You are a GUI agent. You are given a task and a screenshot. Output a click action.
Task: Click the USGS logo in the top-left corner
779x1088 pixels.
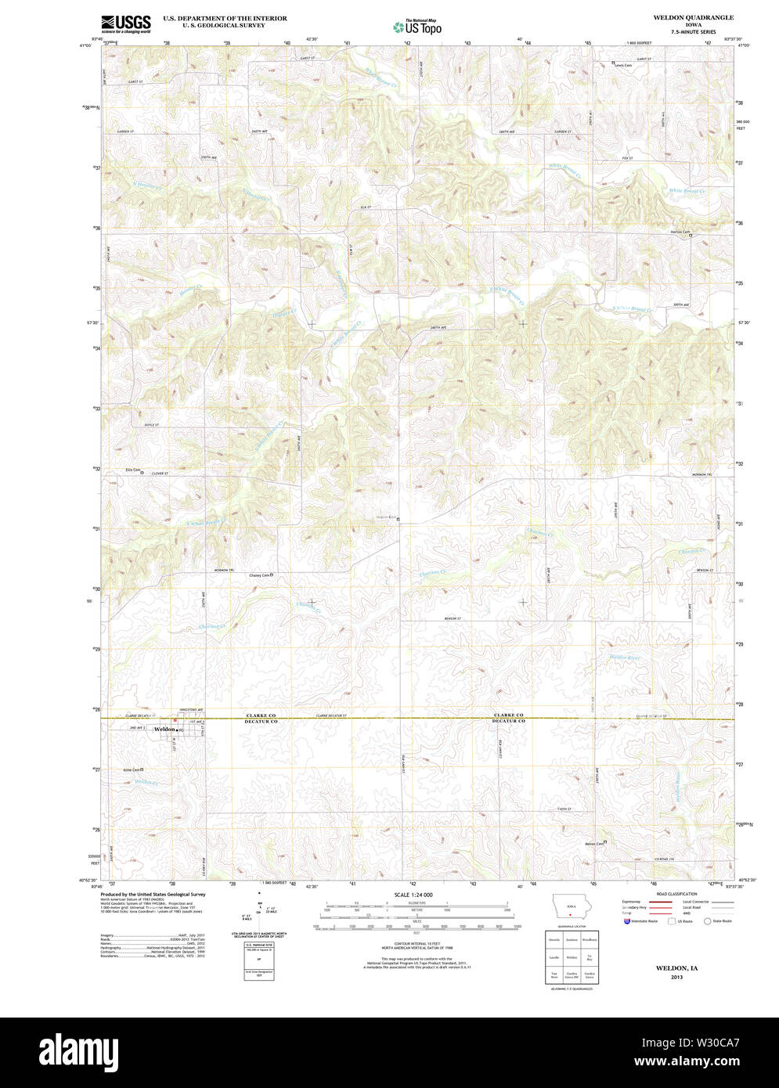coord(125,23)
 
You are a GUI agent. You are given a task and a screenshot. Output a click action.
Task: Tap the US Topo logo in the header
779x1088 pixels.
coord(417,26)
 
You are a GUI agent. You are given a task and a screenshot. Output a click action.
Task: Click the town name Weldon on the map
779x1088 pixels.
coord(165,730)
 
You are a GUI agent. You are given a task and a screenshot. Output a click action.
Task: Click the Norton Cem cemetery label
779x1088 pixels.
coord(680,232)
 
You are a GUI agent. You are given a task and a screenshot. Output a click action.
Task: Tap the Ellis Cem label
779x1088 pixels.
coord(133,470)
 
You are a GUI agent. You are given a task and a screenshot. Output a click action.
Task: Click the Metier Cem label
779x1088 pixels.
coord(595,843)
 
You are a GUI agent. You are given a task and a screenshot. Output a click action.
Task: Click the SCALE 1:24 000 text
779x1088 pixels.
coord(413,895)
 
